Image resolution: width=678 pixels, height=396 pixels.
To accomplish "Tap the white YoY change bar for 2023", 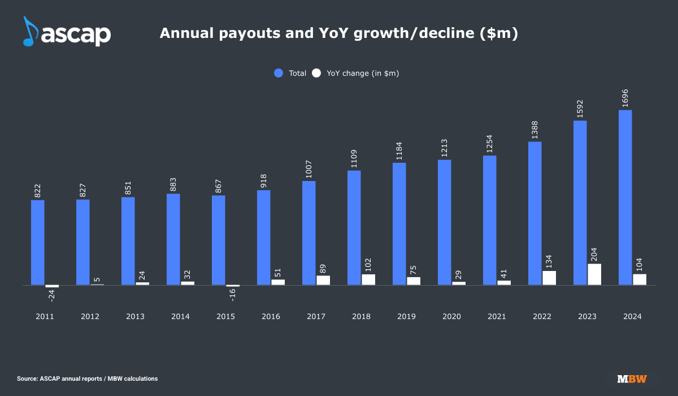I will pos(594,274).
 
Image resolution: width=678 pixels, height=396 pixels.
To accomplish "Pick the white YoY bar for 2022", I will pos(549,278).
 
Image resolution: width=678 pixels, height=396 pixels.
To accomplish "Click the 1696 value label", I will pos(625,98).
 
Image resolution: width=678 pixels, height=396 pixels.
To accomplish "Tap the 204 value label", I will pos(594,253).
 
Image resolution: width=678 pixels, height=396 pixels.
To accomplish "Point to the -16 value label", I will pos(232,294).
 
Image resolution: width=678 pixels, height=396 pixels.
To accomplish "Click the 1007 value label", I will pos(309,170).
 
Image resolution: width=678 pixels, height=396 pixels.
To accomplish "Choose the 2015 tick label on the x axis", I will pos(225,317).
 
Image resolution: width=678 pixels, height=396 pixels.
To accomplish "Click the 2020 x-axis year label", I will pos(451,317).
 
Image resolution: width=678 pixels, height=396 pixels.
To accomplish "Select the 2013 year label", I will pos(135,317).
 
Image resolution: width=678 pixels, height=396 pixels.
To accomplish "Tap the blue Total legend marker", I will pos(278,73).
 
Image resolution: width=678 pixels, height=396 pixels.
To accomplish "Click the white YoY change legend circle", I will pos(316,73).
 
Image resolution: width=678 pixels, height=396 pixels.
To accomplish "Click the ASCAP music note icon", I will pos(29,31).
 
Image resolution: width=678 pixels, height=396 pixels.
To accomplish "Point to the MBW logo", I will pos(632,378).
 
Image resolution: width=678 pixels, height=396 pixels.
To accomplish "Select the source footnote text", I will pos(87,378).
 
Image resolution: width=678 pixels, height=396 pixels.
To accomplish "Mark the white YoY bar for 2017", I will pos(323,280).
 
